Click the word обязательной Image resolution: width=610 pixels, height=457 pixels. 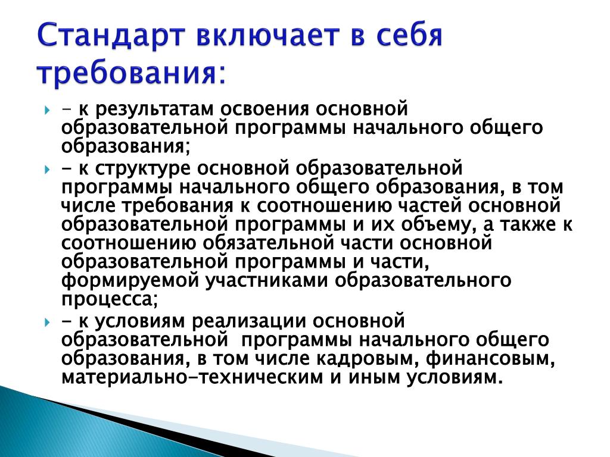click(268, 243)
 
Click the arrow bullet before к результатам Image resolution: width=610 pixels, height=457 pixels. click(47, 111)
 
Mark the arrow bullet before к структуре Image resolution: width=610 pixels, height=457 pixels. click(47, 170)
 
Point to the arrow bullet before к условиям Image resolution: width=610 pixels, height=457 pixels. click(47, 323)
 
